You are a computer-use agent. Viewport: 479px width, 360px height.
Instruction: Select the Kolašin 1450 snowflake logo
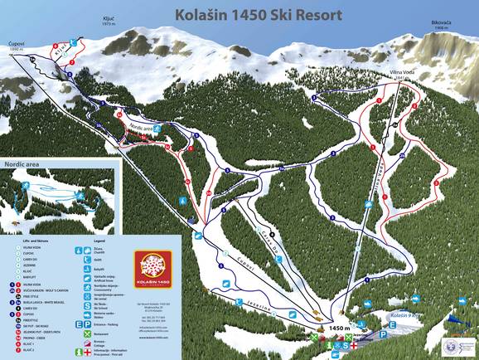154,269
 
